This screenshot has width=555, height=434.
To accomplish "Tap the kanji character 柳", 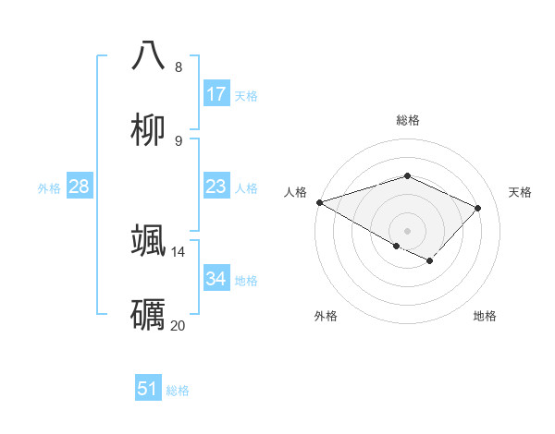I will [x=148, y=130].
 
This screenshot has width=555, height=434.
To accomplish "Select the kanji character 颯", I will [x=148, y=240].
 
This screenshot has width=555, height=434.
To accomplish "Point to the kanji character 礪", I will [x=148, y=315].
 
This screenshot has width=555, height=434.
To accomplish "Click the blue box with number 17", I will [x=216, y=94].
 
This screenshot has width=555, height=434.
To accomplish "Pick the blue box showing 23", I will [x=216, y=187].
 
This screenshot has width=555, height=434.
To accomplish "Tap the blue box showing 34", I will [x=216, y=279].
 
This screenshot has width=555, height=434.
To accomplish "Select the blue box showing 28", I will [x=80, y=187].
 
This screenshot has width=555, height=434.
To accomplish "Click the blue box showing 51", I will [x=148, y=389].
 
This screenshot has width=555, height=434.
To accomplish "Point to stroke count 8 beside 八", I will [x=179, y=66].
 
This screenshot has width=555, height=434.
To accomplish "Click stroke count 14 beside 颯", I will [x=179, y=251].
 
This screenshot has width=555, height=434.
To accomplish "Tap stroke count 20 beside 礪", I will [x=179, y=325].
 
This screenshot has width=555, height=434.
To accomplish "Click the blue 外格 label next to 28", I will [x=49, y=187].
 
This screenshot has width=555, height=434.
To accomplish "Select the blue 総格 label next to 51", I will [x=178, y=391].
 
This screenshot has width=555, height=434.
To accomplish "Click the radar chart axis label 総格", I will [x=408, y=120].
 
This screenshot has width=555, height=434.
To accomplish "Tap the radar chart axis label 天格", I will [x=520, y=192].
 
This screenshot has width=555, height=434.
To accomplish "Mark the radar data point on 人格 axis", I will [x=319, y=201].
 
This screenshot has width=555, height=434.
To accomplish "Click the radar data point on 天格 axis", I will [x=477, y=208].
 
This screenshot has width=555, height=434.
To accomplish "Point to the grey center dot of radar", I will [x=407, y=230].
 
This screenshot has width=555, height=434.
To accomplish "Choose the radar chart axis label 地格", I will [x=485, y=316].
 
